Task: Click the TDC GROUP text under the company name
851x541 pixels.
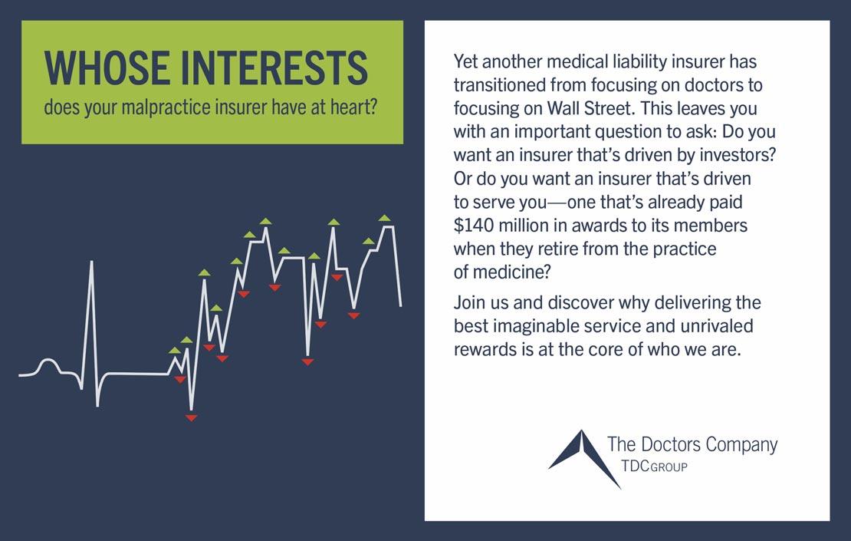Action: coord(654,466)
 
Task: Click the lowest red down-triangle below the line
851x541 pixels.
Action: coord(191,417)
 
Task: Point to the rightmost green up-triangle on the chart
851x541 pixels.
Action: coord(384,218)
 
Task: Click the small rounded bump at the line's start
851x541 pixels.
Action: coord(48,365)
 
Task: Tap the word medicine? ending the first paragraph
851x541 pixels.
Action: coord(512,272)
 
